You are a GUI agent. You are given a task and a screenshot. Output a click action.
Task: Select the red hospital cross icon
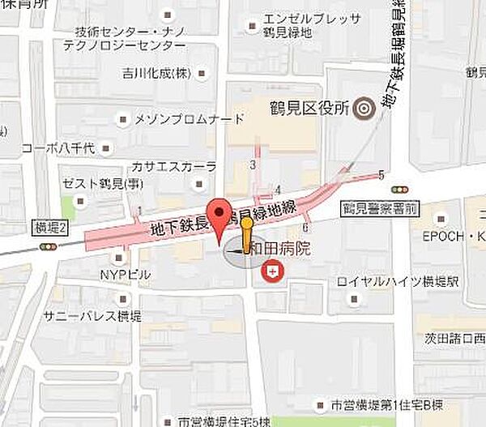(x=276, y=274)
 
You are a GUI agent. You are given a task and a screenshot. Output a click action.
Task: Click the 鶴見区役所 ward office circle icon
(x=363, y=107)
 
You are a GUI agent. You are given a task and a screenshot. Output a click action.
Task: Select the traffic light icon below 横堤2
(x=49, y=246)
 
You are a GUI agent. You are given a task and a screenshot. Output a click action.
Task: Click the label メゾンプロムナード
(x=190, y=120)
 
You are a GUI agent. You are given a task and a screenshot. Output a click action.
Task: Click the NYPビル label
(x=126, y=275)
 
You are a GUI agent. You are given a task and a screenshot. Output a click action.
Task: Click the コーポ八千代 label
(x=60, y=148)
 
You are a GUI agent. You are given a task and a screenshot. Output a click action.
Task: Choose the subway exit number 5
(x=381, y=175)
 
